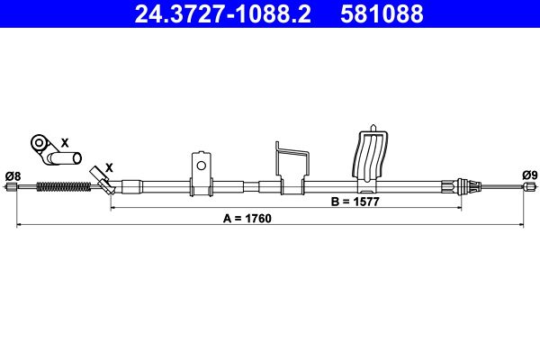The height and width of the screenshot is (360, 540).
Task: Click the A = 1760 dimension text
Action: click(x=247, y=219)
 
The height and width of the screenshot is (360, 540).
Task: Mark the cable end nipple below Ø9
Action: click(x=529, y=187)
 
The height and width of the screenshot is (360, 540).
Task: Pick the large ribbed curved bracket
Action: click(x=373, y=157)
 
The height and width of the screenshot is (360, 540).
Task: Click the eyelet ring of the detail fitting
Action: click(x=39, y=142)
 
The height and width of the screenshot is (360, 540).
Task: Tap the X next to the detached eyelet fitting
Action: click(x=64, y=142)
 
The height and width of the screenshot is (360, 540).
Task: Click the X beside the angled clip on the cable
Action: click(x=109, y=167)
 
